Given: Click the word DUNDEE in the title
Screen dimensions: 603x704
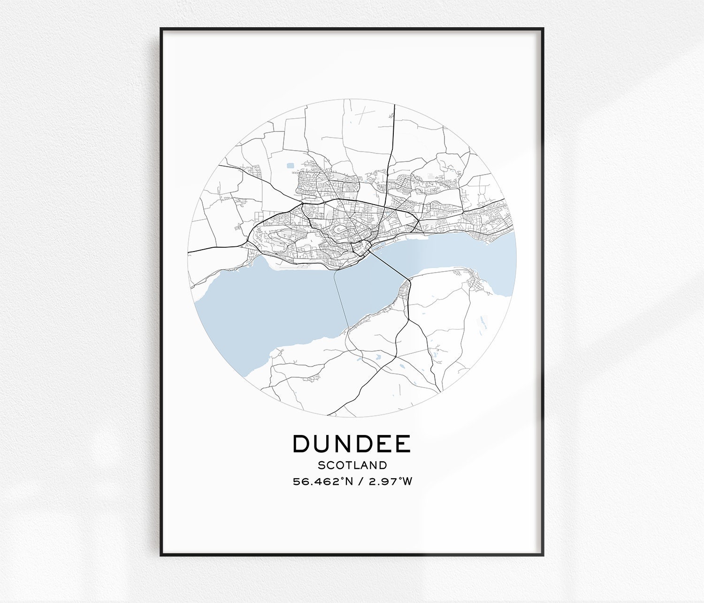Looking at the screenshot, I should [352, 444].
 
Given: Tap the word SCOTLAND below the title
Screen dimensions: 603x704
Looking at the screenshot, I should [352, 466].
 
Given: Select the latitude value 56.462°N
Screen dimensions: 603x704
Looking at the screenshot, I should [322, 481].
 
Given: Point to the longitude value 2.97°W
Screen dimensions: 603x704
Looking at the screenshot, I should [390, 481].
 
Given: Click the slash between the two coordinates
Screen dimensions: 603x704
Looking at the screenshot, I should [360, 481].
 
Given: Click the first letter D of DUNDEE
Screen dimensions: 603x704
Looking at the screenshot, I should [302, 444].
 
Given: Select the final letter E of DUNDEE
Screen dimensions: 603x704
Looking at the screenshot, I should [403, 444].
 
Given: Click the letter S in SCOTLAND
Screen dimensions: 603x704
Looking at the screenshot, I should [321, 466].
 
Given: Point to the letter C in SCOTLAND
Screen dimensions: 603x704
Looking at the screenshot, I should [329, 466].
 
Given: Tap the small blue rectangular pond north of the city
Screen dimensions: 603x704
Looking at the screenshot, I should [290, 165].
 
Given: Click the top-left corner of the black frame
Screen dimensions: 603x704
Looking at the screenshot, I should [161, 29].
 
